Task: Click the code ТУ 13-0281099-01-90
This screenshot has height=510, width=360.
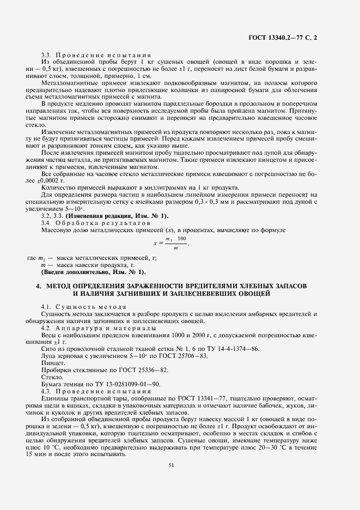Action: coord(123,384)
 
